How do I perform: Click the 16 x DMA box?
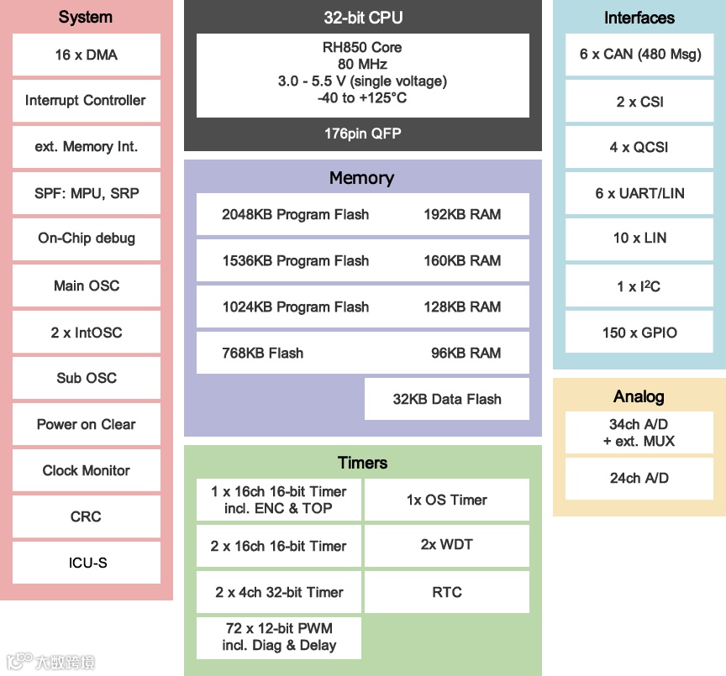(87, 55)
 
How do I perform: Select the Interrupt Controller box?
(87, 101)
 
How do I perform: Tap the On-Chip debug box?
(87, 238)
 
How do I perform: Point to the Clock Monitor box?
(87, 470)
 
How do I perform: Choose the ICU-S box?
(87, 562)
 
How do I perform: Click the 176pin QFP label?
(362, 134)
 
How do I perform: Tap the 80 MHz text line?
(362, 64)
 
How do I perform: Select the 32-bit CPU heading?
(362, 18)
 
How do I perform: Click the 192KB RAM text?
(462, 214)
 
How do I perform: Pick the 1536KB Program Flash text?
(295, 260)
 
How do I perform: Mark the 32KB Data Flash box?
(447, 399)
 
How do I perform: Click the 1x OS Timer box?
(447, 500)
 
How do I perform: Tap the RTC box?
(447, 592)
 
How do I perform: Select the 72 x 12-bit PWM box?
(279, 637)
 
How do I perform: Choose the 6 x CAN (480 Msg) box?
(639, 55)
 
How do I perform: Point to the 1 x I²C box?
(639, 286)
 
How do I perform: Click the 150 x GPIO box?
(639, 333)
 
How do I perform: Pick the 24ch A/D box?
(639, 478)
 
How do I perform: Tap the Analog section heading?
(639, 396)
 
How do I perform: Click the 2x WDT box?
(447, 545)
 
